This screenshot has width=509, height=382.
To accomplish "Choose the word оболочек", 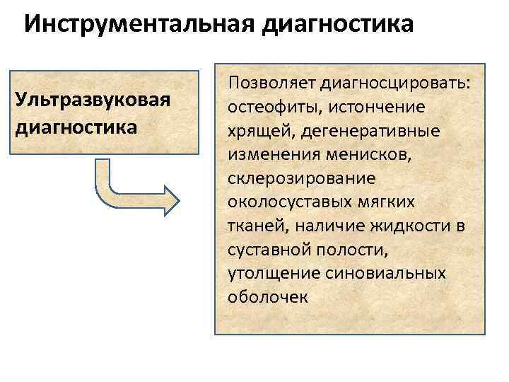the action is [268, 296].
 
